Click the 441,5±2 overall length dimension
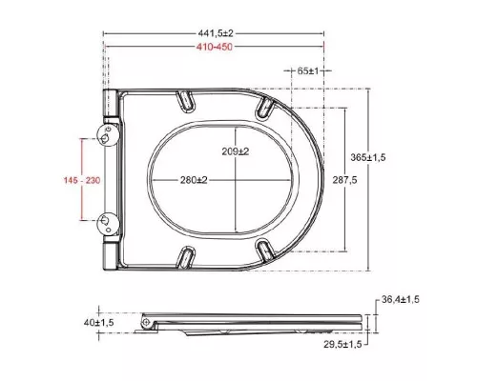(216, 33)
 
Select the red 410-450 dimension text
(215, 47)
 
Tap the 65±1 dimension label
(308, 71)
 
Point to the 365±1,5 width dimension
(368, 157)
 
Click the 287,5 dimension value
(344, 180)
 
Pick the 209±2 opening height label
(236, 151)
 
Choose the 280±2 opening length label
(194, 180)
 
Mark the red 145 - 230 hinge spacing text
(82, 180)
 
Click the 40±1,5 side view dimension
(98, 323)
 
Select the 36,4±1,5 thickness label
(401, 299)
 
